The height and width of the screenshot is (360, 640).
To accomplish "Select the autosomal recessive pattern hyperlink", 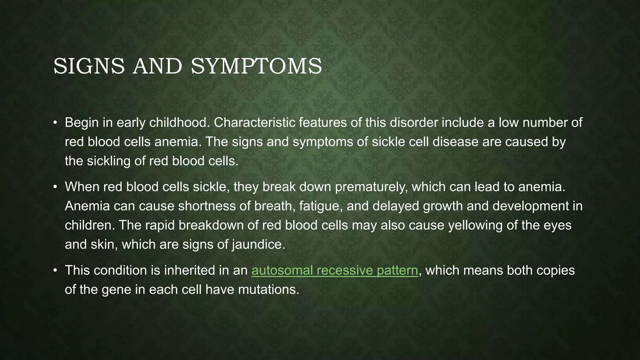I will pyautogui.click(x=335, y=270).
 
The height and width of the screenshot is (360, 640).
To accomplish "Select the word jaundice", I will pyautogui.click(x=258, y=244).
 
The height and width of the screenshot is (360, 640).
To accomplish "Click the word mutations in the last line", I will pyautogui.click(x=268, y=290).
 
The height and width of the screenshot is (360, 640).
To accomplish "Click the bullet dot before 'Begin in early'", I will pyautogui.click(x=55, y=123).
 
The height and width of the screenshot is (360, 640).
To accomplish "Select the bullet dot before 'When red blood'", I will pyautogui.click(x=55, y=187).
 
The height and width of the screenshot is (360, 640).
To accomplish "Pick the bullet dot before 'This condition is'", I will pyautogui.click(x=55, y=271).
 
